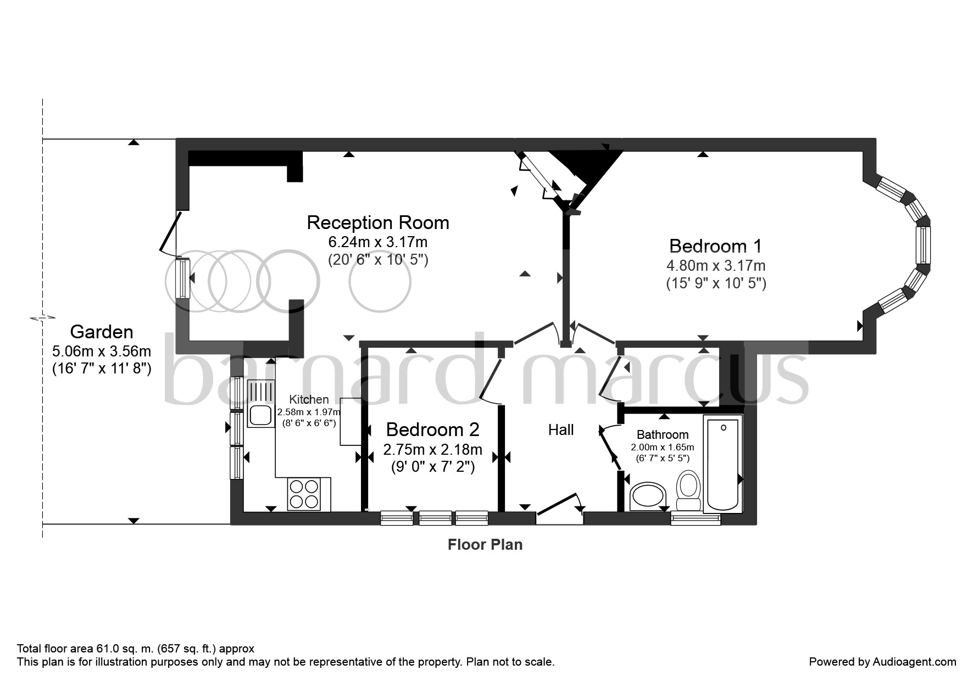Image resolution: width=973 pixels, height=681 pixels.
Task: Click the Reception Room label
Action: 378,222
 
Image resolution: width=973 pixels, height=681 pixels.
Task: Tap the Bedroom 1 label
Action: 716,245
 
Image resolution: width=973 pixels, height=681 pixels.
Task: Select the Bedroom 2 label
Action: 432,429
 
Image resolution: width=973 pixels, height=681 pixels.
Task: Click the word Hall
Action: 561,430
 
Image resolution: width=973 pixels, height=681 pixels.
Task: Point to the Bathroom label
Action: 663,434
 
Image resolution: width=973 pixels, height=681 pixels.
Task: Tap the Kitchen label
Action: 309,399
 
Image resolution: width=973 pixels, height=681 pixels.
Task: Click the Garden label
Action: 102,332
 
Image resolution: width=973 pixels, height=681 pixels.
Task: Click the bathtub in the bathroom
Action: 722,464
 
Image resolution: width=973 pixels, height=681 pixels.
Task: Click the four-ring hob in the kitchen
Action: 304,494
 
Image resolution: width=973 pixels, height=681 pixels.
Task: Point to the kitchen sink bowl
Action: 260,416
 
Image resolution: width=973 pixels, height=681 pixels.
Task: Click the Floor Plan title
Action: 485,545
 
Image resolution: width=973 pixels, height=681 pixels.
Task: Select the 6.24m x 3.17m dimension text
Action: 378,242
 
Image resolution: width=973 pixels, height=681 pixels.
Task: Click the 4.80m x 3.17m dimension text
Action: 716,266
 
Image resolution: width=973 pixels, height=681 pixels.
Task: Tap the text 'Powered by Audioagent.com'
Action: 882,662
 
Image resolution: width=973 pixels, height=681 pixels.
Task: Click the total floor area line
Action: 136,649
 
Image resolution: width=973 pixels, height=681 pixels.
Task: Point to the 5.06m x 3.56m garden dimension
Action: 102,351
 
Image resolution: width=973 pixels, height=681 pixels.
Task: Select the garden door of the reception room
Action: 170,233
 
